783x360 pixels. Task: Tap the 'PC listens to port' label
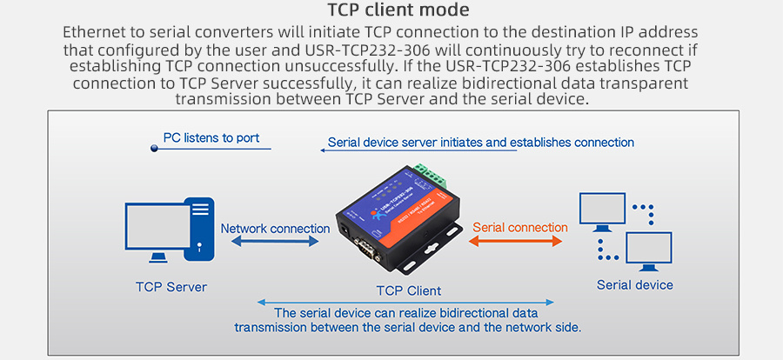(x=211, y=138)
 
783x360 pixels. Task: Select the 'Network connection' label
(x=275, y=229)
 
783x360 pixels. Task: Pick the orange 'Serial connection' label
(x=519, y=228)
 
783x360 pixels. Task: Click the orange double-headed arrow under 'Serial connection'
(x=517, y=242)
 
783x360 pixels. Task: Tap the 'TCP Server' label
(x=171, y=287)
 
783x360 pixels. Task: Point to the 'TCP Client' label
(x=408, y=290)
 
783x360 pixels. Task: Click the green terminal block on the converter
(x=426, y=177)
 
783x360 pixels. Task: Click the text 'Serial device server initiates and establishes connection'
(x=480, y=143)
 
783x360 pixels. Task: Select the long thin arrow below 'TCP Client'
(x=405, y=303)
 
